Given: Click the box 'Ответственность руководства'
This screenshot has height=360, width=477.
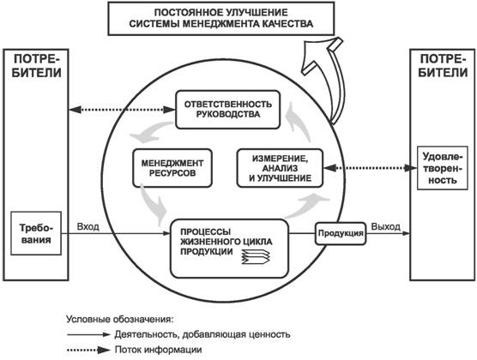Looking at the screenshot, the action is coord(228,110).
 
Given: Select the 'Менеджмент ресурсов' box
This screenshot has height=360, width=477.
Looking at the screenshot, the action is coord(172,168).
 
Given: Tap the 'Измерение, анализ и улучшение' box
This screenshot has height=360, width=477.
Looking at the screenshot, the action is coord(280,168).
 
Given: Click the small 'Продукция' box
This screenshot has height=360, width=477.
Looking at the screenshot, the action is coord(341,233).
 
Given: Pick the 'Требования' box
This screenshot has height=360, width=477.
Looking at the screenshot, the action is coord(36,233).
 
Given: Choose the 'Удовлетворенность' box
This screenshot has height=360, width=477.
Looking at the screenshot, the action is coord(443,168).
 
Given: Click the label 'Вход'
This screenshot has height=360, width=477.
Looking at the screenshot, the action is coord(88,227).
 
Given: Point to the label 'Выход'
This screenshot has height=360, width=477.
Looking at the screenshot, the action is coord(386,227).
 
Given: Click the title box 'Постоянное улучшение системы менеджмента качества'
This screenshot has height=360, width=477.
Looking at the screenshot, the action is coord(221,18).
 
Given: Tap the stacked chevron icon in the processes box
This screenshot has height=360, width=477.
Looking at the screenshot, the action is coord(256,256).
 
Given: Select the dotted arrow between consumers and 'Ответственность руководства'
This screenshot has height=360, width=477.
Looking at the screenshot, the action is coord(123,110).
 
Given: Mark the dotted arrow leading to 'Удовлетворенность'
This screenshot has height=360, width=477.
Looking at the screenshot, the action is coord(370,168).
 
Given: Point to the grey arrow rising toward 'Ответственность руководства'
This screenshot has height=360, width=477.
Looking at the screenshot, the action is coord(299,122).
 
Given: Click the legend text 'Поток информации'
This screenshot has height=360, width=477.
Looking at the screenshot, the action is coord(158,350).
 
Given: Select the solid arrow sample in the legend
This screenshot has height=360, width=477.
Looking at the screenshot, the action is coord(88,335).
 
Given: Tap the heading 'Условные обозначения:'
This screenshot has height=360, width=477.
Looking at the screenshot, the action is coord(120,320).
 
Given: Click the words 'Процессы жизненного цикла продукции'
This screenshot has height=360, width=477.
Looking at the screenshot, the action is coord(226,242).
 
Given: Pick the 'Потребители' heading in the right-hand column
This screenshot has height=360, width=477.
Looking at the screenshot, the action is coord(443,66).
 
